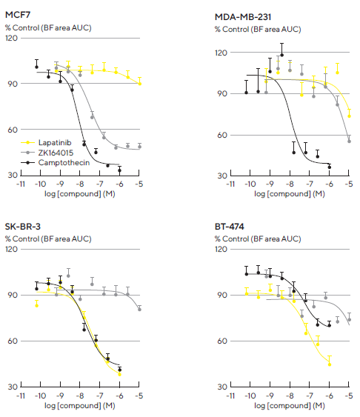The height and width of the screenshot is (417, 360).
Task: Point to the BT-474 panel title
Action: point(230,228)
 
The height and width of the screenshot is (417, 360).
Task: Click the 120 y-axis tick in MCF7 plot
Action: point(11,38)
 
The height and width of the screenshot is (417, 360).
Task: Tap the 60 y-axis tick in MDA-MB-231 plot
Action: point(222,135)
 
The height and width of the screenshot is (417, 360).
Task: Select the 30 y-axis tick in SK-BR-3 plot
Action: point(13,387)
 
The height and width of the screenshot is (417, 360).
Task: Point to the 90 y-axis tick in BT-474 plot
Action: point(222,295)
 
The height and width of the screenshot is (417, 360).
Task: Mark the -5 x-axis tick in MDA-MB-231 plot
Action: point(349,183)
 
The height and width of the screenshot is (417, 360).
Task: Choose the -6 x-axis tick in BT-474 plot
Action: point(329,396)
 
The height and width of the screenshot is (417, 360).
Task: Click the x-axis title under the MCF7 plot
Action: point(80,193)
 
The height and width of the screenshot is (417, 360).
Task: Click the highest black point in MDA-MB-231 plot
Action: point(281,54)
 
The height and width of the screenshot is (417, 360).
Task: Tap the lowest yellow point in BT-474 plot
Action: point(330,363)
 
